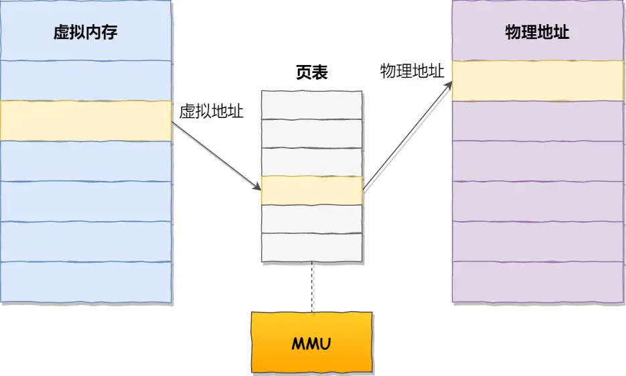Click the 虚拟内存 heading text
pyautogui.click(x=86, y=32)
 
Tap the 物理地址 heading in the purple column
pyautogui.click(x=537, y=32)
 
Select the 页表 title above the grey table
pyautogui.click(x=312, y=73)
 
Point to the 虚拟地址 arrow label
pyautogui.click(x=212, y=112)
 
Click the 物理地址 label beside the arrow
pyautogui.click(x=412, y=72)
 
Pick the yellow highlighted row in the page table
pyautogui.click(x=312, y=190)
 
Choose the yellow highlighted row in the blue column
pyautogui.click(x=86, y=121)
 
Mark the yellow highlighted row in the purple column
pyautogui.click(x=538, y=81)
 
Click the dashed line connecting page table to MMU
pyautogui.click(x=312, y=287)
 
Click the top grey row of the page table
pyautogui.click(x=312, y=105)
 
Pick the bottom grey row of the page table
pyautogui.click(x=312, y=247)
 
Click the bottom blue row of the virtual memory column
pyautogui.click(x=86, y=281)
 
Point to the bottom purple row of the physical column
pyautogui.click(x=538, y=281)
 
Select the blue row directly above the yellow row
pyautogui.click(x=86, y=80)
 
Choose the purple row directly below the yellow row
pyautogui.click(x=538, y=121)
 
